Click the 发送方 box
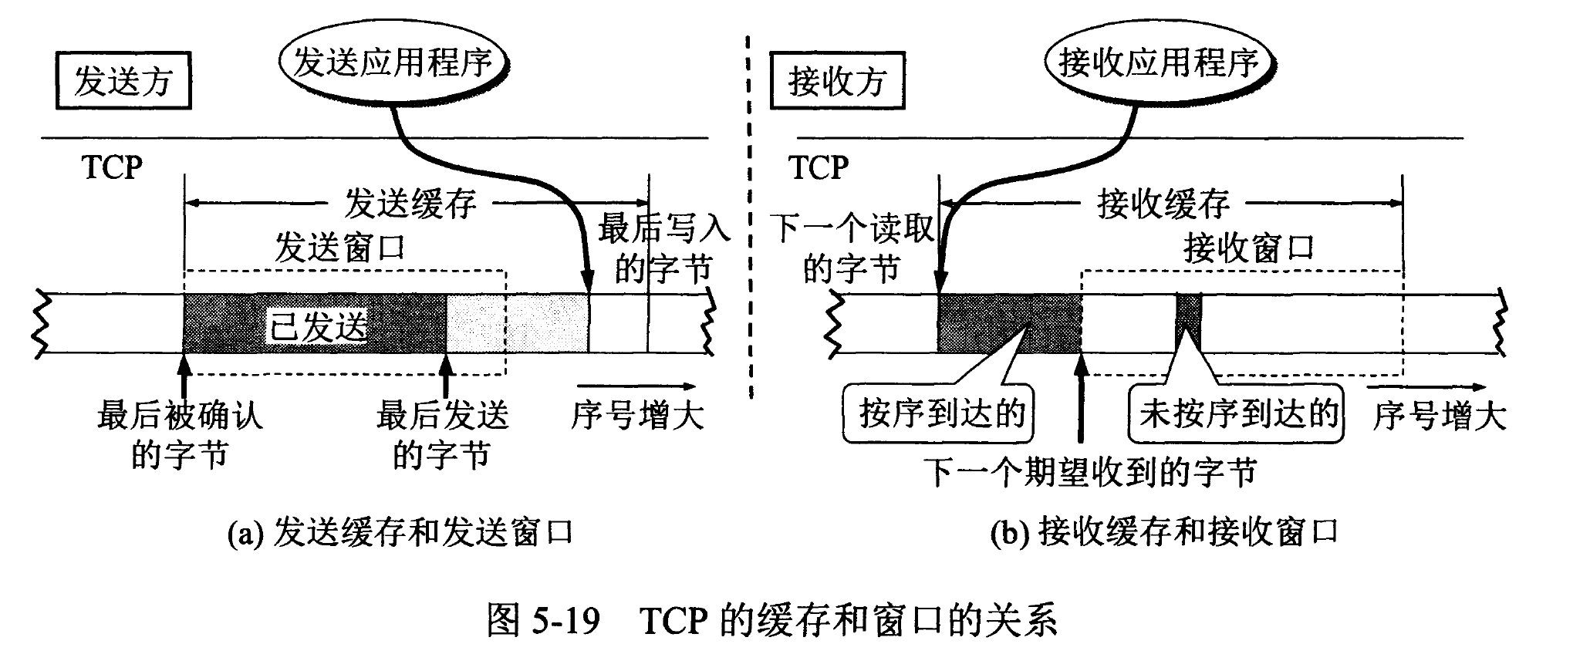pyautogui.click(x=123, y=81)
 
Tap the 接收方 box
pyautogui.click(x=837, y=81)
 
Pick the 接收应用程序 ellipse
pyautogui.click(x=1158, y=62)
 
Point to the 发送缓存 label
pyautogui.click(x=410, y=204)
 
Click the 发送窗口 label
pyautogui.click(x=340, y=248)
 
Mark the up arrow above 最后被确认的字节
pyautogui.click(x=184, y=374)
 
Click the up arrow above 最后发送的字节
pyautogui.click(x=446, y=374)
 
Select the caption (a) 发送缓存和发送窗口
pyautogui.click(x=400, y=533)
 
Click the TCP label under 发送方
pyautogui.click(x=112, y=167)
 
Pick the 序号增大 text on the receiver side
pyautogui.click(x=1440, y=416)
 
